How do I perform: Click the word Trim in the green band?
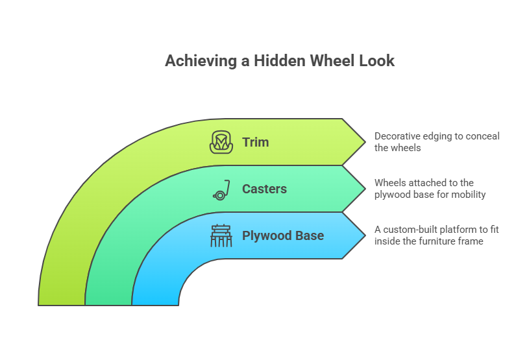255,142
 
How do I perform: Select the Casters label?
264,189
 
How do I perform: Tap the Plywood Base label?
282,235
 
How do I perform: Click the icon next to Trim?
221,142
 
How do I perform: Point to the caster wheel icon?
221,190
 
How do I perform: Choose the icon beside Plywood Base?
221,235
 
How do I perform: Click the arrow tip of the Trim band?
364,142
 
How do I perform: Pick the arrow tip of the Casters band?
364,189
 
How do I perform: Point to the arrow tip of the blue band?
364,235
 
